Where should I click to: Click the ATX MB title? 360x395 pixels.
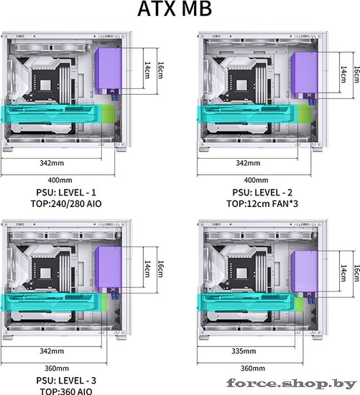[x=175, y=9]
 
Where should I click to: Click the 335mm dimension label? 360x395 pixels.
[x=244, y=351]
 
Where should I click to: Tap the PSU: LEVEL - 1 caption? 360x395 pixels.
[x=66, y=192]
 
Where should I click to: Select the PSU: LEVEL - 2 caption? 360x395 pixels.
[x=262, y=192]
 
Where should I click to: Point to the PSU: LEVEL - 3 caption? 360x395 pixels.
[x=66, y=381]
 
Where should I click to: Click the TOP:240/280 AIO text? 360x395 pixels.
[x=66, y=203]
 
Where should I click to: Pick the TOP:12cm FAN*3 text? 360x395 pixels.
[x=262, y=203]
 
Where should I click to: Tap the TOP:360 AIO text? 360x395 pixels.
[x=66, y=391]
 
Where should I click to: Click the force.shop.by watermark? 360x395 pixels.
[x=292, y=384]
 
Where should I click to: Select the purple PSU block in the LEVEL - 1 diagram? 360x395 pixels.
[x=109, y=68]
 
